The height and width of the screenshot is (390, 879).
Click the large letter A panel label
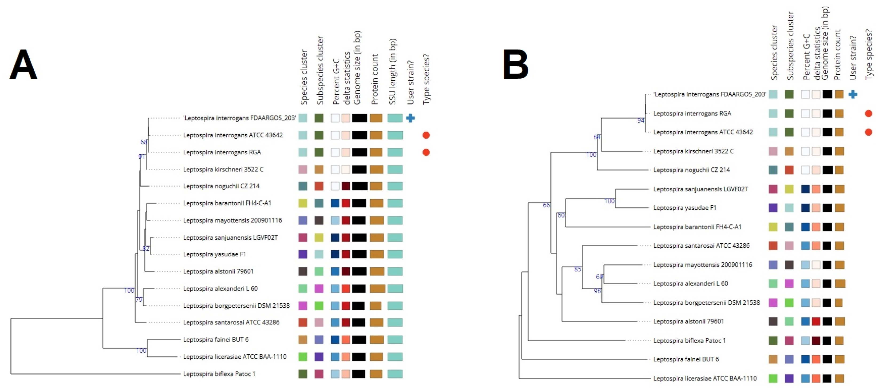pyautogui.click(x=23, y=65)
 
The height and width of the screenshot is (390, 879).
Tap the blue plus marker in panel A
pyautogui.click(x=410, y=118)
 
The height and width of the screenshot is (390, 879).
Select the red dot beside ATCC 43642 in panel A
pyautogui.click(x=426, y=135)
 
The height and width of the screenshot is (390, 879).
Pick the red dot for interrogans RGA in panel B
pyautogui.click(x=868, y=114)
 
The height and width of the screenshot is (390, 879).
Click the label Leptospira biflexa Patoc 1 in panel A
pyautogui.click(x=219, y=374)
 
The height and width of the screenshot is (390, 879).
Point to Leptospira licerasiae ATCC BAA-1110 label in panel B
pyautogui.click(x=705, y=378)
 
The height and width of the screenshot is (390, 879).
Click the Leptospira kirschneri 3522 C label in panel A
pyautogui.click(x=223, y=169)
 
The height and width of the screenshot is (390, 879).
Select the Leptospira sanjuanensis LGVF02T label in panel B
pyautogui.click(x=700, y=189)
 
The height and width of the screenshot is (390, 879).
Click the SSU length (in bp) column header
pyautogui.click(x=392, y=72)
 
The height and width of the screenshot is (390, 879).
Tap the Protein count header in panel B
pyautogui.click(x=837, y=55)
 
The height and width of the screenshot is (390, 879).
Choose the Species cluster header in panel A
pyautogui.click(x=304, y=77)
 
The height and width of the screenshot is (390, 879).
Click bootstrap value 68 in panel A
pyautogui.click(x=144, y=142)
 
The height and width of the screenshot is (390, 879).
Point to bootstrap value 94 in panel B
pyautogui.click(x=641, y=120)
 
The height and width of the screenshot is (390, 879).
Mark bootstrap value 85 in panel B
pyautogui.click(x=577, y=269)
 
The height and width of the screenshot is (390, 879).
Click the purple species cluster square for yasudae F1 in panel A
pyautogui.click(x=303, y=254)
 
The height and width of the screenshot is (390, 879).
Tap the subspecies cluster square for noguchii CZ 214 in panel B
pyautogui.click(x=789, y=170)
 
